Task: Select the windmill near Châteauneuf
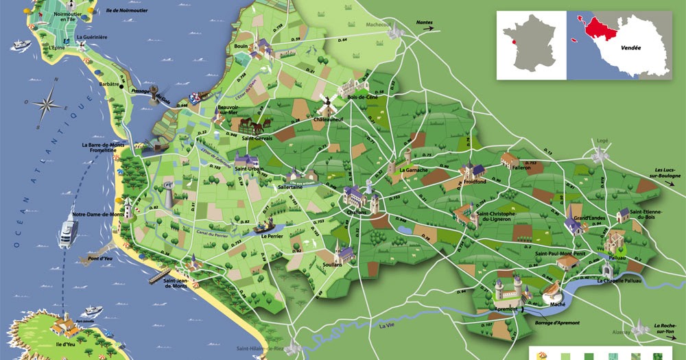324,103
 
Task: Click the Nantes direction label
425,23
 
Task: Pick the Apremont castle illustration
507,291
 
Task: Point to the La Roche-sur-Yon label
665,328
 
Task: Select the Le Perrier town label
272,235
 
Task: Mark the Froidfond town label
476,182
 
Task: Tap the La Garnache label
414,169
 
